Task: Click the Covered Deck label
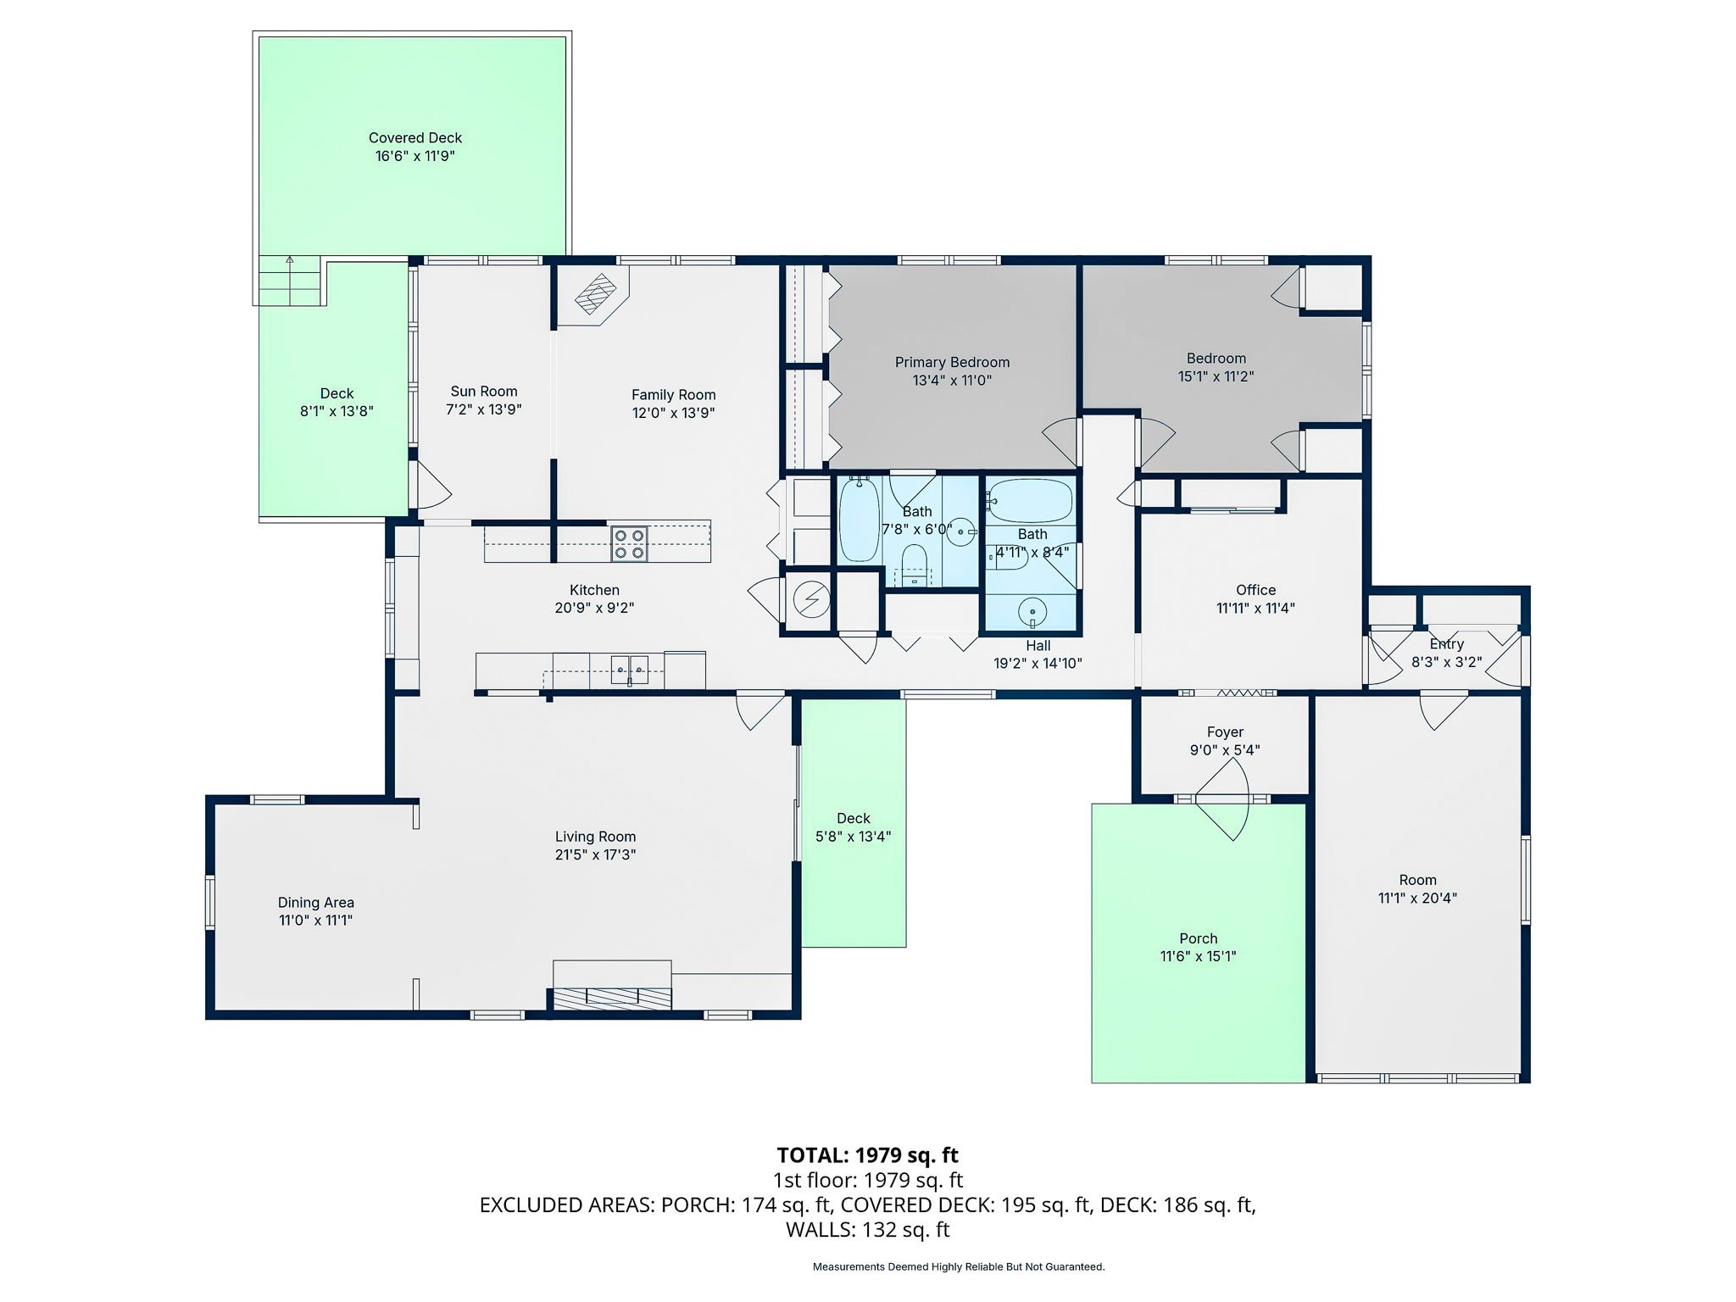coord(415,137)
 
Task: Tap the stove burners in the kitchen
coord(629,544)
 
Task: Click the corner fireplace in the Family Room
coord(596,294)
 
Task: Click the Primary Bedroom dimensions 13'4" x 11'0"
coord(952,381)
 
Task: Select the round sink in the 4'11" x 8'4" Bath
coord(1032,611)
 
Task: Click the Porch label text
coord(1198,938)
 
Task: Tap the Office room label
coord(1255,590)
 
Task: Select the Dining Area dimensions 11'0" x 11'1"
coord(315,921)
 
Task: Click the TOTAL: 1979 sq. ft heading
coord(867,1155)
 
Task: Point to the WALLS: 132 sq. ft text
coord(867,1230)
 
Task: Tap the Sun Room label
coord(483,391)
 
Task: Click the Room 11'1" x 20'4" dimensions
coord(1417,899)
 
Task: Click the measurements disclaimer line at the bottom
coord(958,1267)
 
